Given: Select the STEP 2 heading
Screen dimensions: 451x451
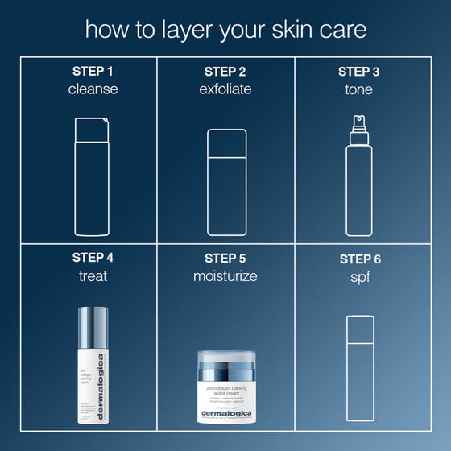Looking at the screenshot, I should (x=225, y=71).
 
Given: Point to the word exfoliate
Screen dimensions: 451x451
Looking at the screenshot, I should (x=225, y=89).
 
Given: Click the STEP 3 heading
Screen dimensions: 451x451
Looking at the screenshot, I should (x=359, y=71).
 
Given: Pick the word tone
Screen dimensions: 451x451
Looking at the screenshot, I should (x=359, y=89).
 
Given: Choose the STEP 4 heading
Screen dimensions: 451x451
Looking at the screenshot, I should (x=93, y=258).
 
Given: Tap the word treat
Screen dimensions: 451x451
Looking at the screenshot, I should (x=93, y=276).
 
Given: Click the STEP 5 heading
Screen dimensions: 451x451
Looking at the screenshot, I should (x=225, y=258).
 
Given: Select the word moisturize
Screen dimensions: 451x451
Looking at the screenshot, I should (x=225, y=276).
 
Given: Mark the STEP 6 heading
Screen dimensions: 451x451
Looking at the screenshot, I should (x=360, y=259).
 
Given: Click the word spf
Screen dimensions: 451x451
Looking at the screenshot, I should (x=360, y=277).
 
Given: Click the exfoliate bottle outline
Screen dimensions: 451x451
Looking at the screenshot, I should (x=225, y=181).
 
